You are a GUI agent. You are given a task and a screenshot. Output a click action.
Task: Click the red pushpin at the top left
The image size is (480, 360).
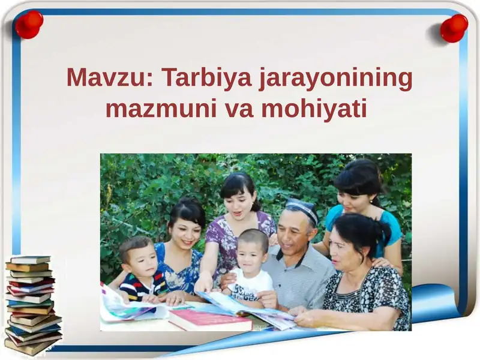tap(29, 25)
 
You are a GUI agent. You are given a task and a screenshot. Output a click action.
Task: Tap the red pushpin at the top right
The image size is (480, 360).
tap(454, 27)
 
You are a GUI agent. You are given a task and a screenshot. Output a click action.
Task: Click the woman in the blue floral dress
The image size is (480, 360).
tap(180, 252)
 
